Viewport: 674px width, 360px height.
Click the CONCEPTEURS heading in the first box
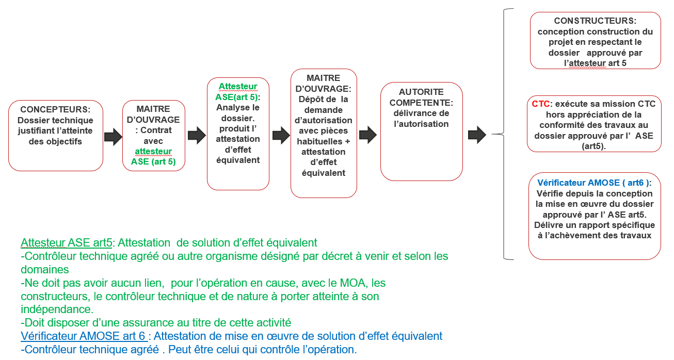coord(55,109)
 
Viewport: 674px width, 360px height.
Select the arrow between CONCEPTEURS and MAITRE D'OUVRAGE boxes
coord(113,137)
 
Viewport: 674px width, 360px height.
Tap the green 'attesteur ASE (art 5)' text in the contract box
coord(153,156)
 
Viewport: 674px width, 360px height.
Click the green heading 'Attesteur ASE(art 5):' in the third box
coord(238,92)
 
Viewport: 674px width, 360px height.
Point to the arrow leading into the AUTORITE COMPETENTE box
coord(367,135)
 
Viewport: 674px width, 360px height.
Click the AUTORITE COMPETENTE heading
coord(421,97)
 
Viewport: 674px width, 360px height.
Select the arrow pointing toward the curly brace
coord(476,135)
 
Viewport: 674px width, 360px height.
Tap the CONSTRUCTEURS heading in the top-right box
coord(595,21)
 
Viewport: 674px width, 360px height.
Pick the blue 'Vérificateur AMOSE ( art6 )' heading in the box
coord(594,183)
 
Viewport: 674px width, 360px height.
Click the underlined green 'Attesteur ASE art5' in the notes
coord(66,242)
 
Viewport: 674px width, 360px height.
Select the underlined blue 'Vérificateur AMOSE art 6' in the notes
coord(84,336)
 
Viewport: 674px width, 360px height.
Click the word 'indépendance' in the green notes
coord(56,309)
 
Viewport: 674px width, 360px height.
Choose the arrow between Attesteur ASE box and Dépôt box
coord(280,135)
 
